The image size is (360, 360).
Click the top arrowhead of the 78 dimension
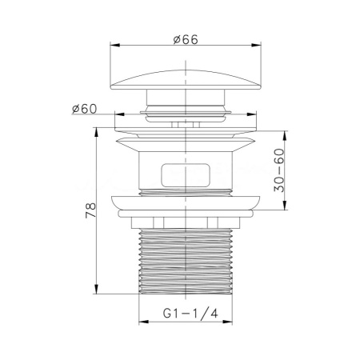coord(98,133)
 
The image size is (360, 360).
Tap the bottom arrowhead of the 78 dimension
coord(98,292)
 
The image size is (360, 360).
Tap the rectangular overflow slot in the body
coord(186,174)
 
